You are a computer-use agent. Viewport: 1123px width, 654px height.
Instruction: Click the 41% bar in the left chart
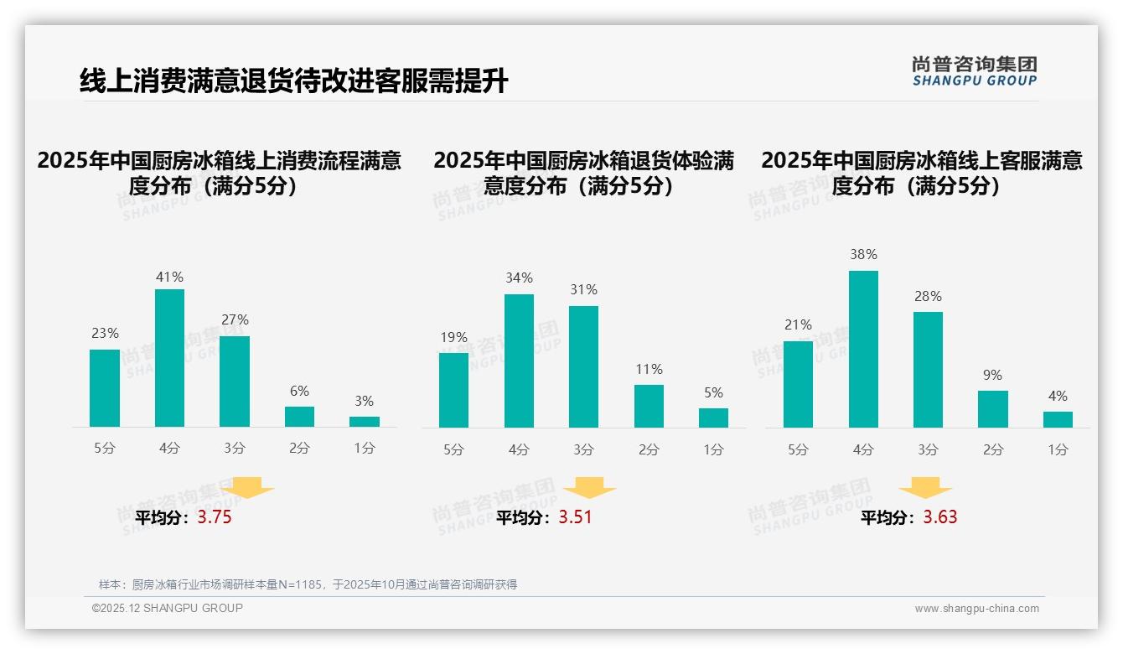click(x=170, y=358)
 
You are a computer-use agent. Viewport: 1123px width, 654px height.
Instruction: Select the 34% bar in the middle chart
click(x=519, y=361)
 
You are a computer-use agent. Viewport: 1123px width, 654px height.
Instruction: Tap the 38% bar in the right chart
click(x=863, y=349)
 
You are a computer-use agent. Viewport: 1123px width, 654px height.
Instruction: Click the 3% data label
click(x=364, y=402)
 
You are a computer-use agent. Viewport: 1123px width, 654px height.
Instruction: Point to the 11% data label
click(x=649, y=370)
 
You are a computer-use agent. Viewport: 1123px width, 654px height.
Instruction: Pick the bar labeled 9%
click(x=993, y=409)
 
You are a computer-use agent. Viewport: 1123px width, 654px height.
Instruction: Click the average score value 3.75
click(x=215, y=517)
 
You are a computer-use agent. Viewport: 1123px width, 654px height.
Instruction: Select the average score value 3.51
click(x=575, y=517)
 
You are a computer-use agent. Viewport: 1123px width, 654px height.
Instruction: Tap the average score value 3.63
click(x=940, y=517)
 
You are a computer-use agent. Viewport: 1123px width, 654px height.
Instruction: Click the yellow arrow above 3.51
click(x=589, y=488)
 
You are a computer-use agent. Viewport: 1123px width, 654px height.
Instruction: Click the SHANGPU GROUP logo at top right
click(x=975, y=71)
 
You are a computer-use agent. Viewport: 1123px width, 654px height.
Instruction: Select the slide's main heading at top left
click(x=293, y=81)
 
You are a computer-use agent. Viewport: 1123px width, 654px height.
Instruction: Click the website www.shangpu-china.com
click(x=976, y=609)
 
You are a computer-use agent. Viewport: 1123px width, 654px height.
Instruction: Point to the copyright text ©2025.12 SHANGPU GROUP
click(x=168, y=608)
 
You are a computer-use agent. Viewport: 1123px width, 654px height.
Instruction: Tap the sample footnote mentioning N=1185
click(x=308, y=584)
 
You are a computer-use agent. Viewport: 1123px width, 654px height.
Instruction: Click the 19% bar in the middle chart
click(x=453, y=390)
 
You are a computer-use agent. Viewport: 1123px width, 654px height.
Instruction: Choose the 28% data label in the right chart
click(x=928, y=297)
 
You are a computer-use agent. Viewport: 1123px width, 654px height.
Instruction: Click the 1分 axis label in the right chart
click(x=1058, y=450)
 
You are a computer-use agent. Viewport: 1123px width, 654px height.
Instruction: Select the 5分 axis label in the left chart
click(x=105, y=449)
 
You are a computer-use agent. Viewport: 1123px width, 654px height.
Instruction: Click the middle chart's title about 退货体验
click(x=583, y=173)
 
